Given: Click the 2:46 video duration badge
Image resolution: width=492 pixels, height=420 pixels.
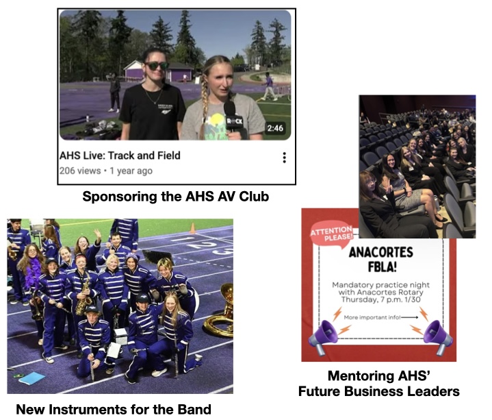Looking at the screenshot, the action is pos(275,128).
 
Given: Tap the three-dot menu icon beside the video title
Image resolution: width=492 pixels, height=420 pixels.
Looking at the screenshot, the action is pos(284,158).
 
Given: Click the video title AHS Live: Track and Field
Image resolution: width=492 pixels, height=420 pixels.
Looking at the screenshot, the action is pos(120,156).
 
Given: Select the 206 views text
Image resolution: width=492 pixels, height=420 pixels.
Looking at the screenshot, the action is pos(80,171).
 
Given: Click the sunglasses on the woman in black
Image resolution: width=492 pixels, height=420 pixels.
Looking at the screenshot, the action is pos(157,66).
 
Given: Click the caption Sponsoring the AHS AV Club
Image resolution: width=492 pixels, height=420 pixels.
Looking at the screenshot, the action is pos(176,197).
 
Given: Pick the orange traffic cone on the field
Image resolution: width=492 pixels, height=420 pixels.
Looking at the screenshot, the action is pos(193,228).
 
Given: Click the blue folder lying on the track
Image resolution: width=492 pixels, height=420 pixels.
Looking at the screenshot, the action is pos(31,378).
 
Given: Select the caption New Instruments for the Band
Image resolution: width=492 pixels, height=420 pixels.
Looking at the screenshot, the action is pos(114,410).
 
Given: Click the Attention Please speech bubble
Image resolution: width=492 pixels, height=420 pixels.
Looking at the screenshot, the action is pos(331,235).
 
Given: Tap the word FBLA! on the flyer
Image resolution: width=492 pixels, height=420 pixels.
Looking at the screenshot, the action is pos(382,267).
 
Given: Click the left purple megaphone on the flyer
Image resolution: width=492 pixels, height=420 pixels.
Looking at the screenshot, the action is pos(323,337).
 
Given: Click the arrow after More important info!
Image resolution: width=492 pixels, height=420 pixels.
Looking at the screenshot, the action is pos(409,318).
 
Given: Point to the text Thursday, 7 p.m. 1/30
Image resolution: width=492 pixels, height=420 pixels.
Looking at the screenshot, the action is pos(380,299).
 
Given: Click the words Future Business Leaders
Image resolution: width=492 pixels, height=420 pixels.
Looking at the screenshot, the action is pos(378,391).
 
